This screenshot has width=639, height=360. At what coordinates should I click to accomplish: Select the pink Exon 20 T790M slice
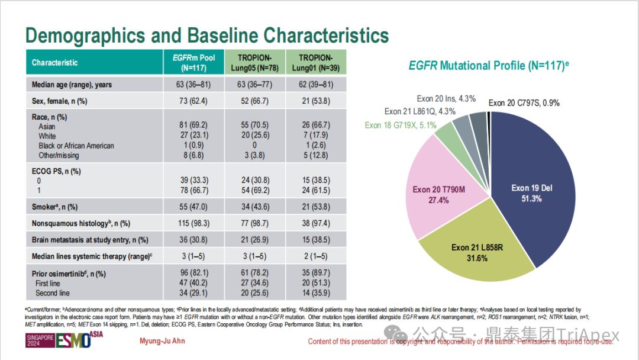[438, 194]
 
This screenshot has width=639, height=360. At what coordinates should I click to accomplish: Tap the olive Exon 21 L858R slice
[476, 252]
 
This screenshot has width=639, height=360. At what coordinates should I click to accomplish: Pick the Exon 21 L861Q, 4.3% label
[419, 111]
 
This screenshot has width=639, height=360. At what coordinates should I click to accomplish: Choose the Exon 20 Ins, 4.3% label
[446, 99]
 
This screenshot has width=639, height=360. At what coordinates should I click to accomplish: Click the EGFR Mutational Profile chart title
[485, 66]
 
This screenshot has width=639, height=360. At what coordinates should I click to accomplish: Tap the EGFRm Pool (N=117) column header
[193, 62]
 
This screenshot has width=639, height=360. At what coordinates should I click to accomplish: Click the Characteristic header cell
[55, 63]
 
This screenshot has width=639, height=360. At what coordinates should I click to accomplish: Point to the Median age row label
[72, 85]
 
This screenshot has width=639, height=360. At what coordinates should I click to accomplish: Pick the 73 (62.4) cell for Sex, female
[193, 101]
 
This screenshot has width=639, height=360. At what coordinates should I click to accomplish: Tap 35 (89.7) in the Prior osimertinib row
[315, 274]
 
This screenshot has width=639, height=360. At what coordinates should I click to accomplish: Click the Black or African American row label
[76, 146]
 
